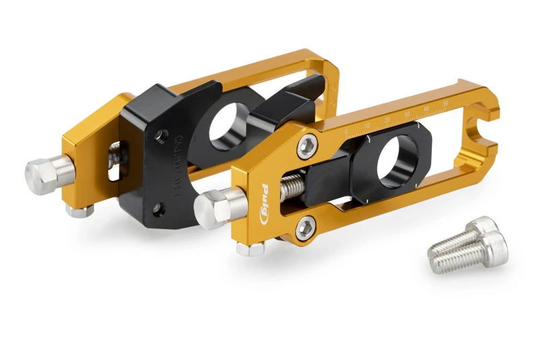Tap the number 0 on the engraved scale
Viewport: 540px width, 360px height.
[x=346, y=131]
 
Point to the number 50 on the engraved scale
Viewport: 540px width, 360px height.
[x=445, y=102]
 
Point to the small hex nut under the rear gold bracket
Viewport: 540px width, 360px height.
[x=80, y=211]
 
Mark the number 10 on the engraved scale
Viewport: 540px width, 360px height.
[x=367, y=125]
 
